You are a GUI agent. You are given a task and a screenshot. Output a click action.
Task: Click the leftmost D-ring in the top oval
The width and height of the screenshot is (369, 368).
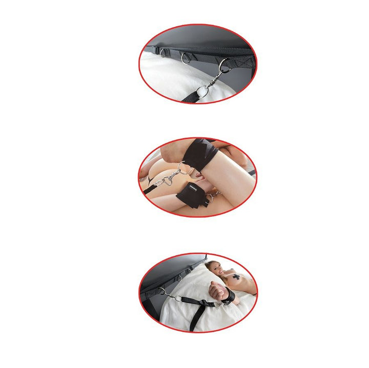[x=163, y=52]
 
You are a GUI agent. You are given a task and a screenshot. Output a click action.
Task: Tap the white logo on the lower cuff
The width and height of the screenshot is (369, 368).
[x=193, y=188]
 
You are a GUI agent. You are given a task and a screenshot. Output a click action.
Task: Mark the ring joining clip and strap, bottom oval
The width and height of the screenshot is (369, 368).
[x=175, y=298]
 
